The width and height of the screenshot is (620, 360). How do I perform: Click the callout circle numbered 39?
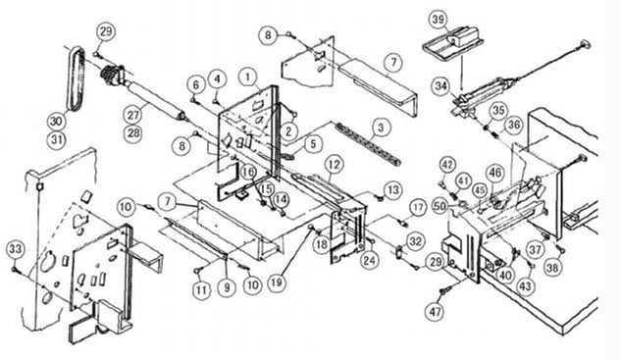coord(439,20)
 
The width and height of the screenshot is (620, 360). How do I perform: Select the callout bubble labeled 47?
coord(436,312)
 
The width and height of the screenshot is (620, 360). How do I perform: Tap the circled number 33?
coord(16,250)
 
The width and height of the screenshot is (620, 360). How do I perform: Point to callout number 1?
coord(248,77)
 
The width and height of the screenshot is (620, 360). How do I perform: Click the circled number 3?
coord(381,128)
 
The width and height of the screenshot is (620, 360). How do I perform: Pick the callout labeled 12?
coord(335,165)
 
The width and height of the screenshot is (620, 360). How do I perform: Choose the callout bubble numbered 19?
coord(277,283)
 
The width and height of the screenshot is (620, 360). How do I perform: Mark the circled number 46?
coord(495,173)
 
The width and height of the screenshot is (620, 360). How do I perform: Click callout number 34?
coord(441,86)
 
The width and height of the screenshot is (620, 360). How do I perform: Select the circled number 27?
coord(133,115)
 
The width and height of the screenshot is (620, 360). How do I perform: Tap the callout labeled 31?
coord(57,139)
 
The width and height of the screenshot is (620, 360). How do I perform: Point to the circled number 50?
coord(440,206)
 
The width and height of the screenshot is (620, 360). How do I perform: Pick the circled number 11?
coord(201,290)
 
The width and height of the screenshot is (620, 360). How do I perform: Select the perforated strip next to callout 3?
coord(369,144)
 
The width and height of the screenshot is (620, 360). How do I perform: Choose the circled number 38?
coord(552,269)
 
